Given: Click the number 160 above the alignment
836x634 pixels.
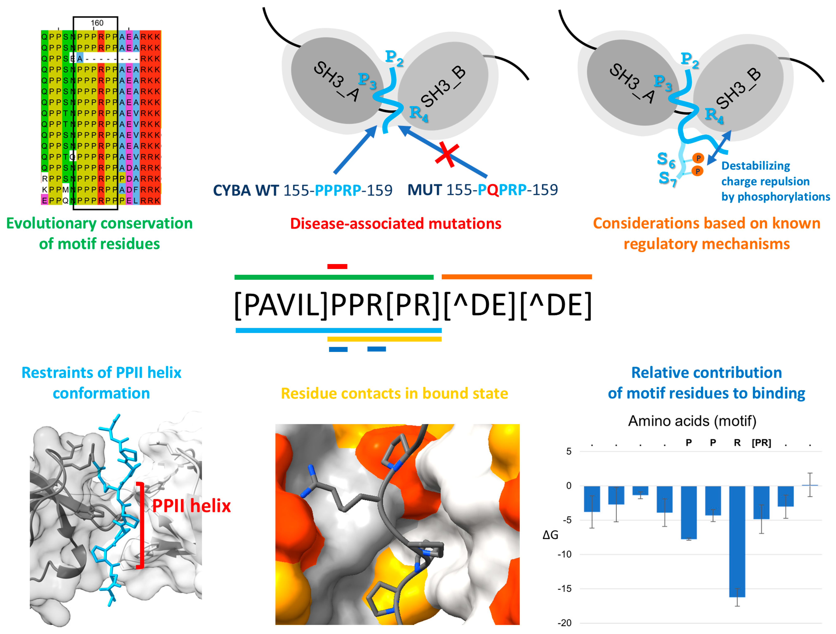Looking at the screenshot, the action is tap(97, 23).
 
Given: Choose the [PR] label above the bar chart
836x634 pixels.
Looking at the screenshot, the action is tap(761, 443).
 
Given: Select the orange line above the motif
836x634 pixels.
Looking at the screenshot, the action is tap(517, 277).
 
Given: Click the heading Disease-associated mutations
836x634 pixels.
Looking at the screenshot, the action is tap(396, 224).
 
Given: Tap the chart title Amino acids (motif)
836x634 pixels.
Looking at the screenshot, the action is tap(692, 421).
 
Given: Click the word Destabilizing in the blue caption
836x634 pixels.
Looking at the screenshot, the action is tap(756, 166).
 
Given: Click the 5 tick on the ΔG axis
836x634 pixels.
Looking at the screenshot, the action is tap(569, 451).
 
